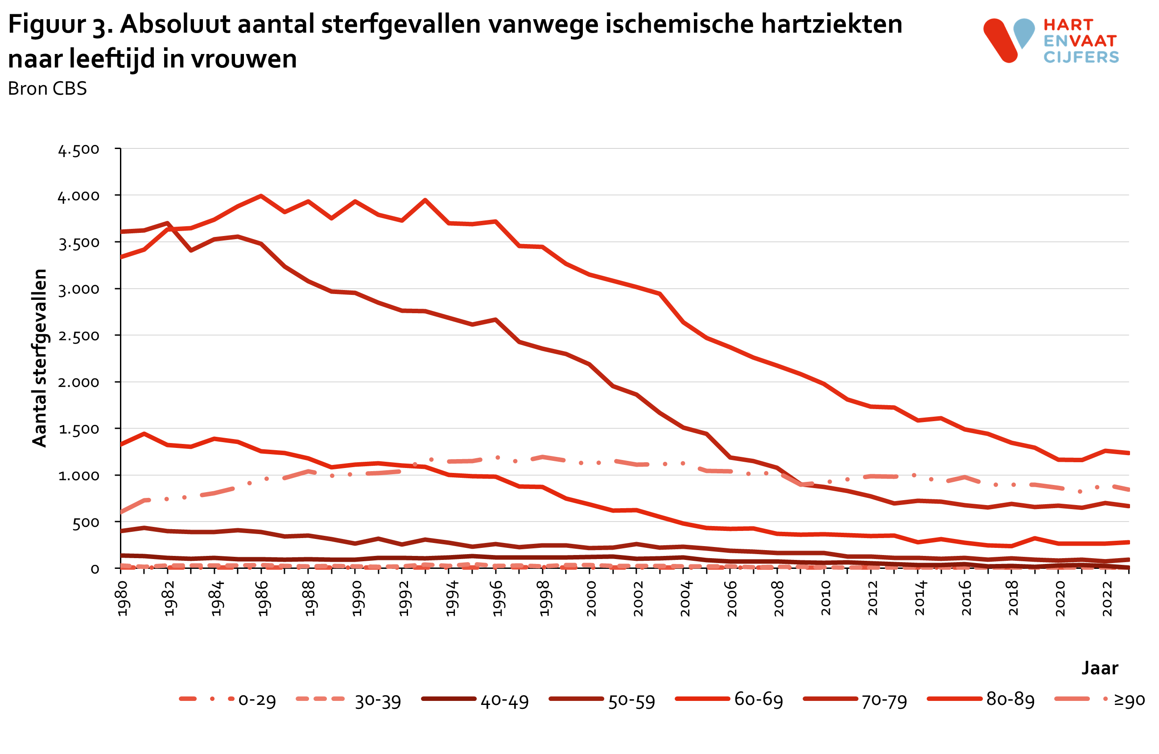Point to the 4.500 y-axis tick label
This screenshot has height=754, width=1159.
point(79,149)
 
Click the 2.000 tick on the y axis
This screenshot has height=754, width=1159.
point(79,382)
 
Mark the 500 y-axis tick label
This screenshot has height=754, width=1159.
point(86,522)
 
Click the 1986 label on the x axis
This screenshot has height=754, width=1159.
point(262,599)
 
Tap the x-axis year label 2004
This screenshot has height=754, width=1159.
point(685,599)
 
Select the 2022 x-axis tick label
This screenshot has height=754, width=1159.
point(1107,599)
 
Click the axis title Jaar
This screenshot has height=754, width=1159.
point(1100,667)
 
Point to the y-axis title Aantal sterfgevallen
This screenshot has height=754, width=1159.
point(39,358)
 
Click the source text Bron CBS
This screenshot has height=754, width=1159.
point(47,89)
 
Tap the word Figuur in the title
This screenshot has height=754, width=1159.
point(46,25)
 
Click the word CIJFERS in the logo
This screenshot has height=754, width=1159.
point(1081,58)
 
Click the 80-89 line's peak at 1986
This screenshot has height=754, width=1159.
point(261,196)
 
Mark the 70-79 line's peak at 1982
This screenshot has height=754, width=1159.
point(168,224)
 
